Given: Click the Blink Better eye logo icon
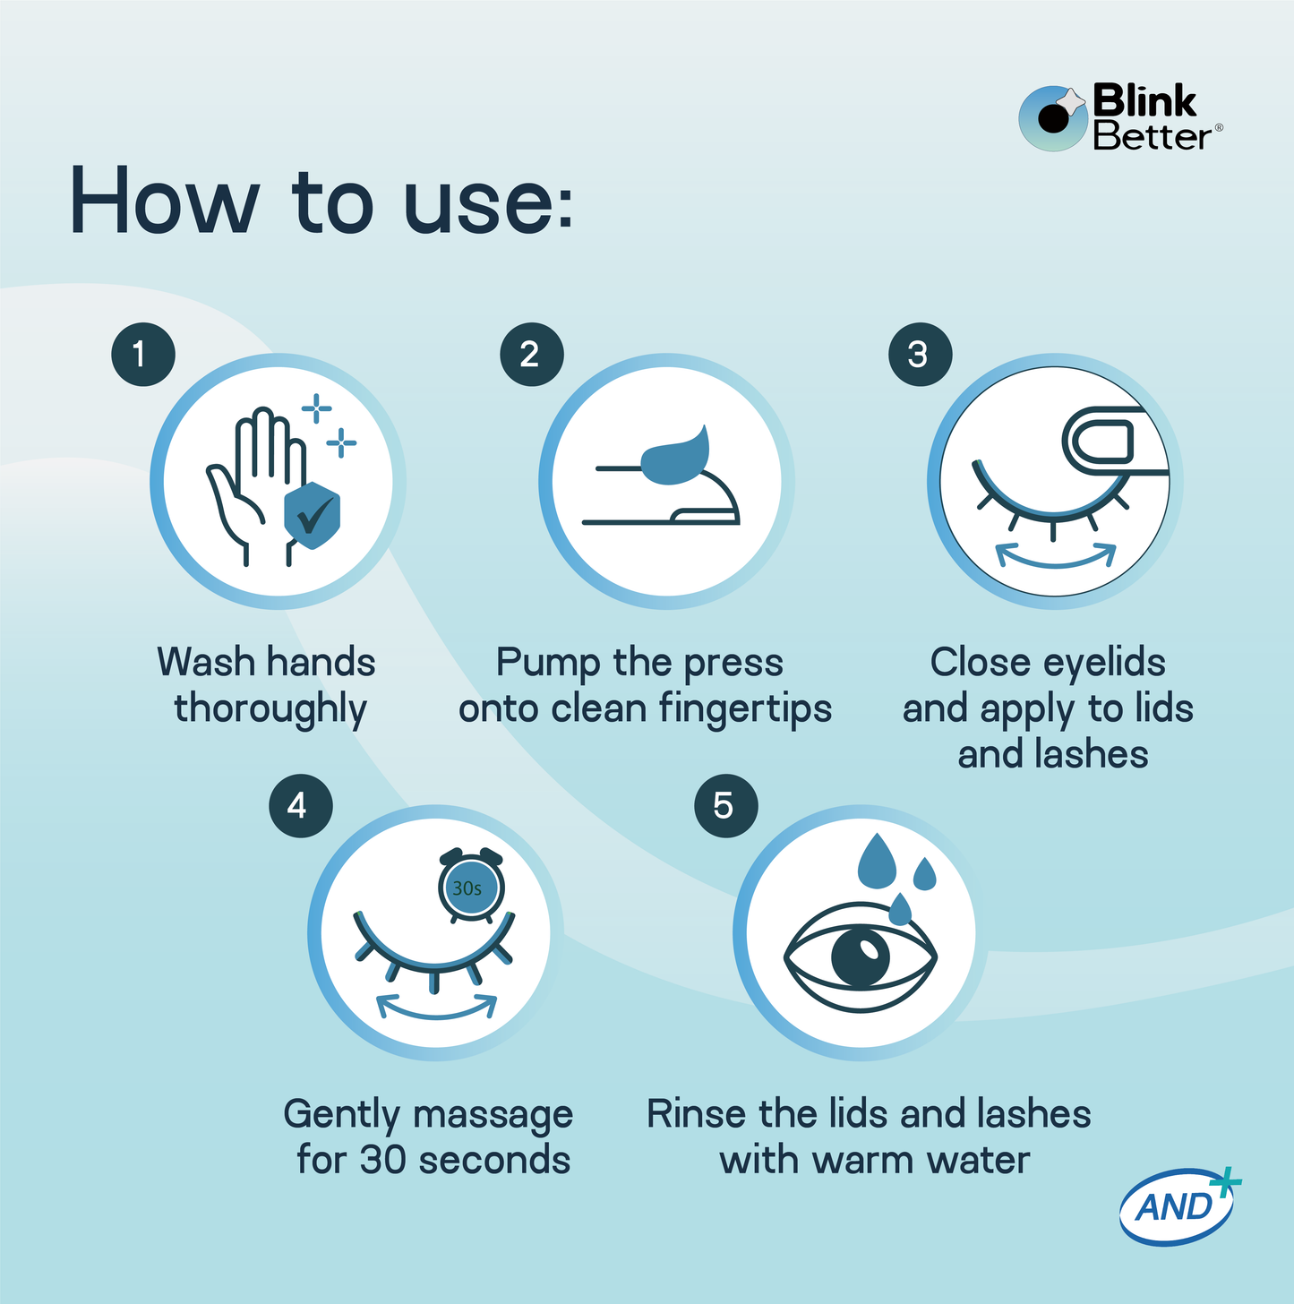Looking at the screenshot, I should click(x=1053, y=118).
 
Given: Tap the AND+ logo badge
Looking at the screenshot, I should click(x=1178, y=1206).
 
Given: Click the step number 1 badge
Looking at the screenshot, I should click(x=142, y=355).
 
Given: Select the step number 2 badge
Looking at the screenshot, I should click(x=531, y=355).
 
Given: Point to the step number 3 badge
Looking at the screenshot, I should click(x=920, y=355).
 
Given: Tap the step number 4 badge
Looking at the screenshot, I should click(x=300, y=806).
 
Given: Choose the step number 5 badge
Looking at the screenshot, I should click(x=725, y=806).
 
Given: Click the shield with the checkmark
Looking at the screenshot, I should click(x=312, y=516).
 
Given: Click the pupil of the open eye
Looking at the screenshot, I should click(x=861, y=956).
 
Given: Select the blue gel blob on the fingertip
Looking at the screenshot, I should click(x=677, y=457).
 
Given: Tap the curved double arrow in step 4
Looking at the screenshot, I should click(x=436, y=1007).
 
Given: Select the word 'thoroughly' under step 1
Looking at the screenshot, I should click(x=270, y=709).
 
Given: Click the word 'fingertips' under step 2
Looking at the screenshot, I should click(x=745, y=709).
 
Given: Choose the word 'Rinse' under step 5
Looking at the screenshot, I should click(x=696, y=1114).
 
